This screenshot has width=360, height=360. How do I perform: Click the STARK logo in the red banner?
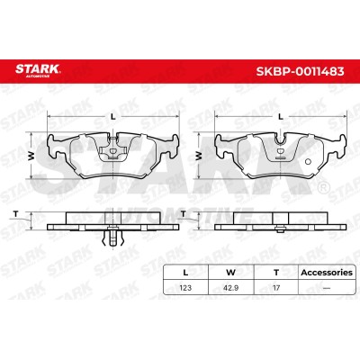pyautogui.click(x=38, y=70)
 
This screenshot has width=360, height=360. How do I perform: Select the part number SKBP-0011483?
pyautogui.click(x=300, y=71)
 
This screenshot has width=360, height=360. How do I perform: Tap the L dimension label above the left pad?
pyautogui.click(x=113, y=117)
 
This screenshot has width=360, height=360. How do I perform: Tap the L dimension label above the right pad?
pyautogui.click(x=281, y=117)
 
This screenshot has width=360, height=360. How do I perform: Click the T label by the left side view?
pyautogui.click(x=16, y=214)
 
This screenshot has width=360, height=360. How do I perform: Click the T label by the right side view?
pyautogui.click(x=184, y=214)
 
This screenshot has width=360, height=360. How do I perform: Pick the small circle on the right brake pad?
pyautogui.click(x=308, y=162)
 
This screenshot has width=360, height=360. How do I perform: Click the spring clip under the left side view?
pyautogui.click(x=112, y=237)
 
